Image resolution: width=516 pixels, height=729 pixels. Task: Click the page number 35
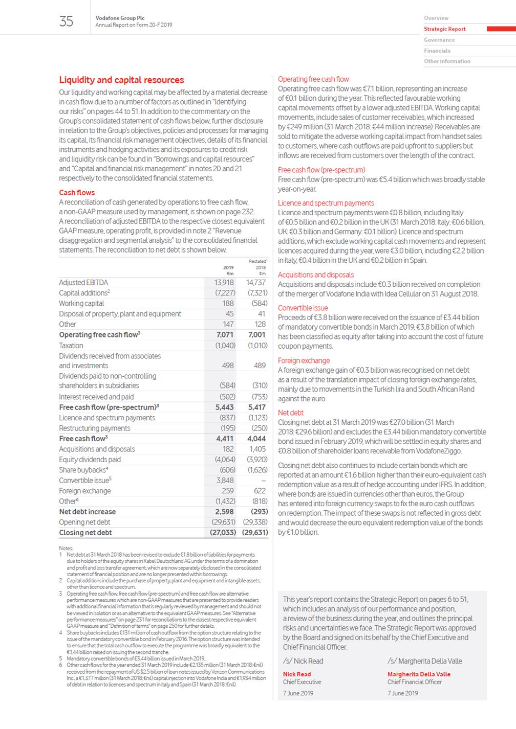pos(67,21)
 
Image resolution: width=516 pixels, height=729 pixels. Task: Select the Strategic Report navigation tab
pos(444,29)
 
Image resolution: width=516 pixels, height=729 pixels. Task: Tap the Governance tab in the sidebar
pos(439,40)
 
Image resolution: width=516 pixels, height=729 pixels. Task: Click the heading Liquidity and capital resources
pos(121,80)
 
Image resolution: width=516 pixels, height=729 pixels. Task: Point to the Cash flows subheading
pos(77,193)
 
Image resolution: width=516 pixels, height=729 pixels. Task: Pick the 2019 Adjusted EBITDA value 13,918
pos(224,282)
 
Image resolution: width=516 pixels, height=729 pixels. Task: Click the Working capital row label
pos(81,303)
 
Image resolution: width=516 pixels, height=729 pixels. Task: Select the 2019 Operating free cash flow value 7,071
pos(225,335)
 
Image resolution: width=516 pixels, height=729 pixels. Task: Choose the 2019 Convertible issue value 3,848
pos(225,480)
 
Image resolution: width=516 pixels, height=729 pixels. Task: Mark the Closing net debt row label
pos(85,532)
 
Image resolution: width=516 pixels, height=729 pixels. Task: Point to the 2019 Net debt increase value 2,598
pos(224,511)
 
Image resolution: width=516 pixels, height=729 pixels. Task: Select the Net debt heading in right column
pos(291,413)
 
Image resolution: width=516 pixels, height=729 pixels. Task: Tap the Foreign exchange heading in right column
pos(304,360)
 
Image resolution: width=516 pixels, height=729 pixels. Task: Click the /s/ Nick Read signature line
pos(303,661)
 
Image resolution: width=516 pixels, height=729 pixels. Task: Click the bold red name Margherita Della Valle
pos(419,674)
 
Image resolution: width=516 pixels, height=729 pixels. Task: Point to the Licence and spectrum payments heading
pos(326,203)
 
